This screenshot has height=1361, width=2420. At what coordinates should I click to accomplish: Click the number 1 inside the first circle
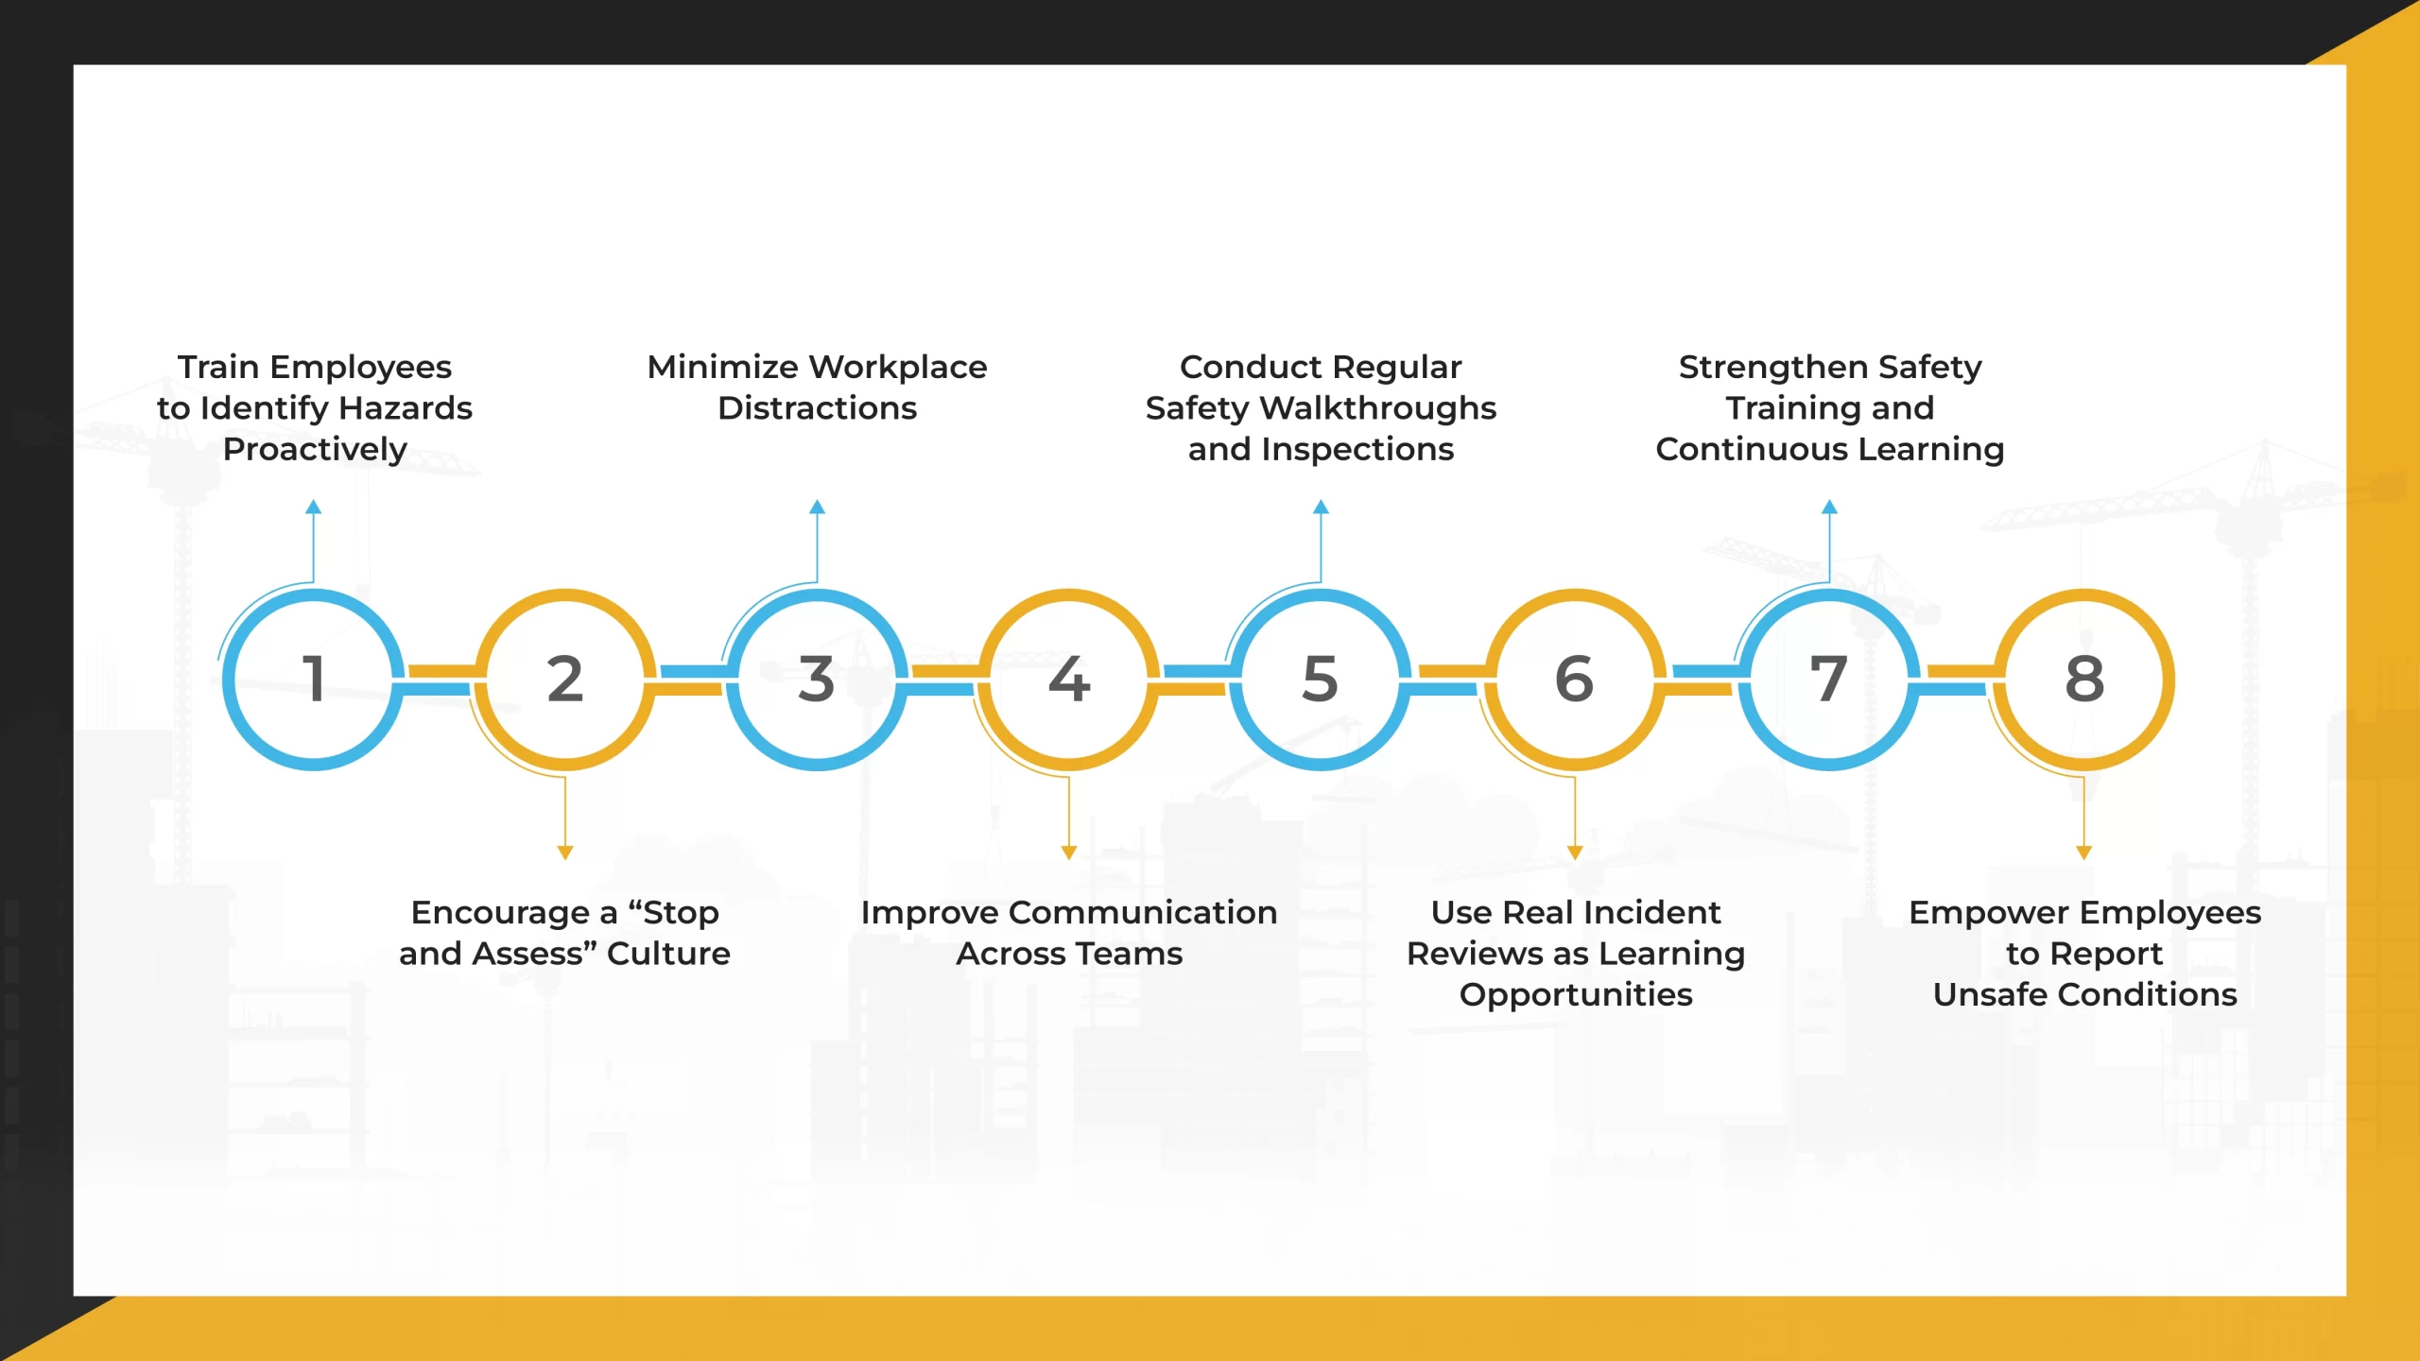click(x=314, y=679)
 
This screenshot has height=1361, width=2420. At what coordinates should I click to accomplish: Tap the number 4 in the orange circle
click(x=1069, y=679)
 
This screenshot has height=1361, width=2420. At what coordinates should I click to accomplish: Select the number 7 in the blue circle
click(x=1828, y=679)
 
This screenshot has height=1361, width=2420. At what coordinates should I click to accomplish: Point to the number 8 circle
click(x=2083, y=679)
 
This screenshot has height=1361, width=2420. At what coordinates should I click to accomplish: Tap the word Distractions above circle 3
click(x=817, y=408)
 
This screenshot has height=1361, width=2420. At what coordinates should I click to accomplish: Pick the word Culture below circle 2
click(x=668, y=954)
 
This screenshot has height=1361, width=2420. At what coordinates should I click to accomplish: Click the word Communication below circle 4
click(x=1143, y=913)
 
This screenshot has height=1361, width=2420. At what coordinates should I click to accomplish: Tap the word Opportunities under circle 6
click(x=1576, y=995)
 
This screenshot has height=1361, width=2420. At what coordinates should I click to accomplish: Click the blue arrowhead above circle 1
click(x=314, y=508)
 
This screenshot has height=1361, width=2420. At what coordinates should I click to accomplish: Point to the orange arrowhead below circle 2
click(x=565, y=853)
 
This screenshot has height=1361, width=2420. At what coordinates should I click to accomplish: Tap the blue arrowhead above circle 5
click(x=1321, y=508)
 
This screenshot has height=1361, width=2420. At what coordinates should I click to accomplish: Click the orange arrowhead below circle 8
click(x=2083, y=853)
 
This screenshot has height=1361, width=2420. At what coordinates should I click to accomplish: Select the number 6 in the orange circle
click(x=1574, y=679)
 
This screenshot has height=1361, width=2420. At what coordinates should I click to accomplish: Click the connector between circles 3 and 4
click(x=942, y=680)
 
